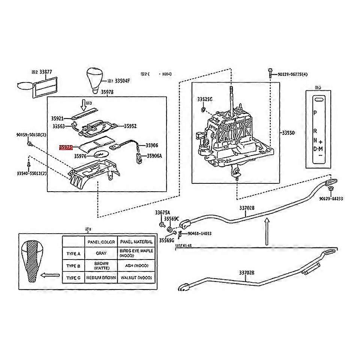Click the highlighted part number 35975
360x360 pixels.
65,148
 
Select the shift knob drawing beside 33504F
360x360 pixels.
96,79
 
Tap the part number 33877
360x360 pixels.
46,72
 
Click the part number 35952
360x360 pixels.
130,126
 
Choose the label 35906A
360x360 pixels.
154,156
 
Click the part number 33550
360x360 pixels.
288,133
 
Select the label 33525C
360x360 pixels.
205,99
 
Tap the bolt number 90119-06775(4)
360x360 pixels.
293,75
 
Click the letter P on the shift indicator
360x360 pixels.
315,113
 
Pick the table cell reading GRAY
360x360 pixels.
101,253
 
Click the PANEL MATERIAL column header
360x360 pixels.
136,242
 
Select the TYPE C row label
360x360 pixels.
73,278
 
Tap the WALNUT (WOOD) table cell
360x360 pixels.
136,278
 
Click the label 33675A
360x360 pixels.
162,213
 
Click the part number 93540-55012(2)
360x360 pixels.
31,174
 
